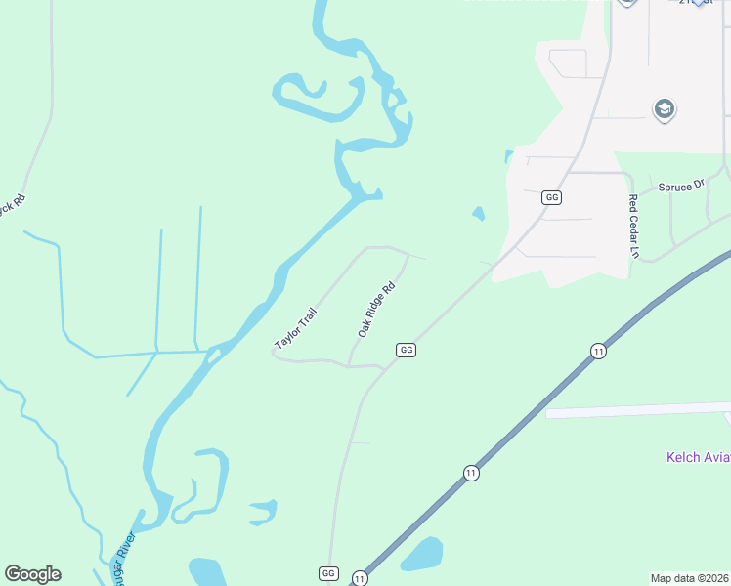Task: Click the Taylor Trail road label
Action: coord(297,325)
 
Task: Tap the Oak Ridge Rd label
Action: coord(375,311)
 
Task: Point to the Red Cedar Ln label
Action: coord(633,226)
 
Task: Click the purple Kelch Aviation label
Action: coord(698,457)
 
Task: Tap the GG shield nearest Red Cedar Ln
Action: coord(552,197)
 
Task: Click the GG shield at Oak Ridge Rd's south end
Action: coord(407,350)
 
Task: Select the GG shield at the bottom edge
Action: coord(328,573)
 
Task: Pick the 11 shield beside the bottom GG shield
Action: coord(360,578)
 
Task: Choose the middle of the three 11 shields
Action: coord(472,473)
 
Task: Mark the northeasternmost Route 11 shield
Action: coord(598,351)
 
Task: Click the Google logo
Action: coord(32,574)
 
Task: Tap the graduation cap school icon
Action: coord(665,108)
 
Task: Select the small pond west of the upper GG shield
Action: coord(478,213)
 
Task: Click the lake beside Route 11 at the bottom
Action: coord(422,554)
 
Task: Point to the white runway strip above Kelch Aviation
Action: coord(635,409)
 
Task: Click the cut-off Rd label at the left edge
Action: coord(12,208)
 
